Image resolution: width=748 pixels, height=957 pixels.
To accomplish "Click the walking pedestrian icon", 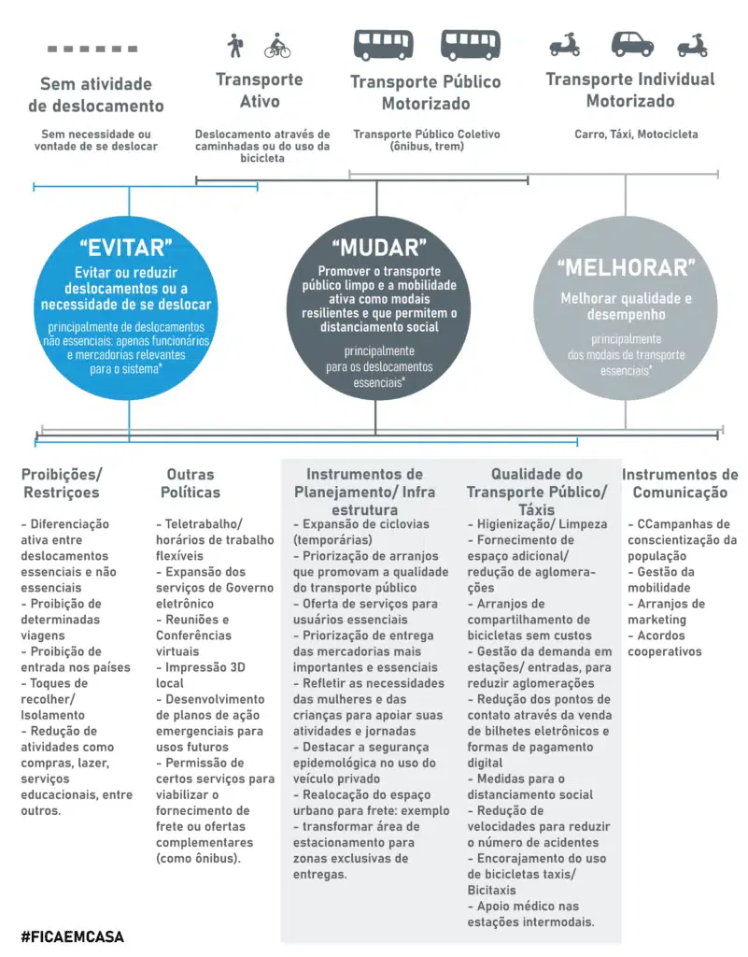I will click(x=234, y=45).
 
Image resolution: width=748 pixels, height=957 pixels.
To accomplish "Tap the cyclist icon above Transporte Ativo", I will click(x=277, y=45).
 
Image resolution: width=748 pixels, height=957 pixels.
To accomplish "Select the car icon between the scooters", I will click(x=632, y=44).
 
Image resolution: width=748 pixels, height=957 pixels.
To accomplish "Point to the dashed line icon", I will click(x=92, y=49).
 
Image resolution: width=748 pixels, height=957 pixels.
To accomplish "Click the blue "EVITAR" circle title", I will click(x=129, y=248).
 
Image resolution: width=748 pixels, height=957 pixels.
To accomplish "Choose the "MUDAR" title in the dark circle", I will click(x=378, y=248).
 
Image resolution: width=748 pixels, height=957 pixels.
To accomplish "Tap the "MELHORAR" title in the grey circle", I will click(x=626, y=268).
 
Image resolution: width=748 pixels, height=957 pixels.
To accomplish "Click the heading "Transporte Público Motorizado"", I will click(x=425, y=93).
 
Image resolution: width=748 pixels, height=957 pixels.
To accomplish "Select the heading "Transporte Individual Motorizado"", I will click(x=630, y=90).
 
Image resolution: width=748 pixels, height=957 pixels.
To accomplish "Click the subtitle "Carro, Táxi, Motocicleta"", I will click(x=635, y=135).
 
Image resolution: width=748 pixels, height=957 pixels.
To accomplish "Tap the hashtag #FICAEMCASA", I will click(x=72, y=936).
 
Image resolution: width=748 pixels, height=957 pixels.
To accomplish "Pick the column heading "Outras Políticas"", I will click(x=190, y=483).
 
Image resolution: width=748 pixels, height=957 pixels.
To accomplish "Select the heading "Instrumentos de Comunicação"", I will click(x=679, y=483).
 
